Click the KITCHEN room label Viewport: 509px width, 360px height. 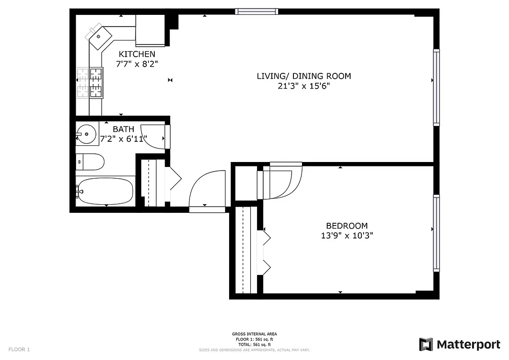(137, 54)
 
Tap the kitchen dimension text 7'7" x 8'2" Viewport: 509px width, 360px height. (137, 64)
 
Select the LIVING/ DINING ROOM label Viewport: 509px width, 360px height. (303, 76)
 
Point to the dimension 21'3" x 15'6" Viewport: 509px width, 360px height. (303, 86)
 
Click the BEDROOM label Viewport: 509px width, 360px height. (347, 225)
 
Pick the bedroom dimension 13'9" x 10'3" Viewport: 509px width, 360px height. (347, 235)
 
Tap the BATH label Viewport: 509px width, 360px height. (123, 129)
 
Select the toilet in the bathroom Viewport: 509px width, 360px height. (91, 162)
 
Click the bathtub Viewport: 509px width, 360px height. (106, 192)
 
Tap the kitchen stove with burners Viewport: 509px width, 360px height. (96, 82)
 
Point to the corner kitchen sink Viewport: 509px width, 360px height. (100, 36)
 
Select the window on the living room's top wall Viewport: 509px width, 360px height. (257, 12)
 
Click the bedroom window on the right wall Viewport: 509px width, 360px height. (436, 233)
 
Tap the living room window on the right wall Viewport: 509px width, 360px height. (436, 87)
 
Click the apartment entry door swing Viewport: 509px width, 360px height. (207, 189)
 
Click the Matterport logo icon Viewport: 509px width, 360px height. (426, 345)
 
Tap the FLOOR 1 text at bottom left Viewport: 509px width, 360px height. (19, 349)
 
